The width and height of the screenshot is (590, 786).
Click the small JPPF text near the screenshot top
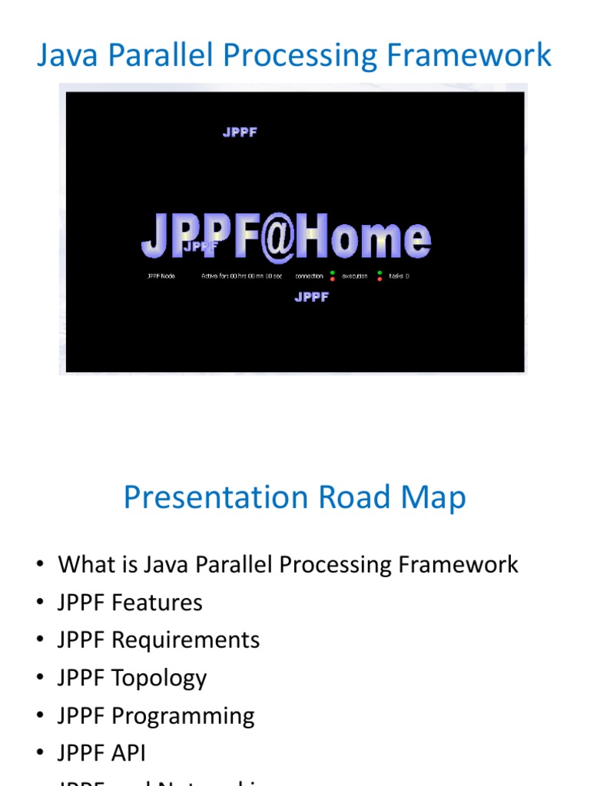(x=240, y=132)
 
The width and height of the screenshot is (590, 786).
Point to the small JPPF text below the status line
(x=311, y=297)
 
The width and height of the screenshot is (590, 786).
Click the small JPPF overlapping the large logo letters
(x=200, y=246)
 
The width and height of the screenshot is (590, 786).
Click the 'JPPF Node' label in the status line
(x=161, y=276)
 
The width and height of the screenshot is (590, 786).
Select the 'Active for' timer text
(x=241, y=276)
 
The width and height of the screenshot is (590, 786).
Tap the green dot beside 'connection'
(x=332, y=272)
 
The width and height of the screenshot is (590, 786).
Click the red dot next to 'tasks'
(x=380, y=279)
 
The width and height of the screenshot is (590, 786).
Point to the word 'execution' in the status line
(x=355, y=276)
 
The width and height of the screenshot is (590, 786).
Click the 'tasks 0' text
(x=399, y=276)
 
